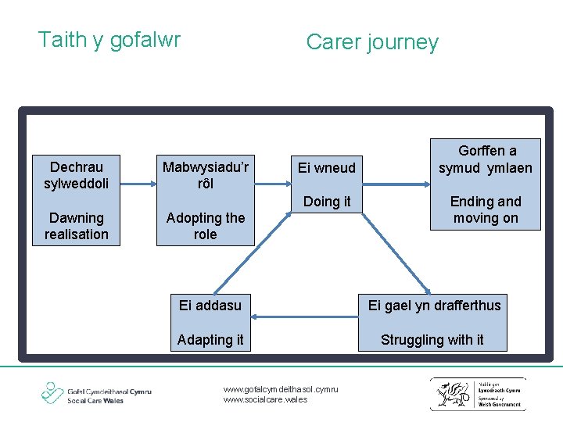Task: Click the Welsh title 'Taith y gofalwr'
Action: pos(109,40)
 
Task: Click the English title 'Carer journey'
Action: pos(372,42)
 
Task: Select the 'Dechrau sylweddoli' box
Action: pos(77,174)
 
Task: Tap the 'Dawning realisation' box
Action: pos(77,226)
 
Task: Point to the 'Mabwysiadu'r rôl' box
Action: pos(205,174)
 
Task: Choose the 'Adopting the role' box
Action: pos(205,226)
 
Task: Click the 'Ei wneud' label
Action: pos(327,168)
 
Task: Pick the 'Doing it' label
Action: pos(327,202)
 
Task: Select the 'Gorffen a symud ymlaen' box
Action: pos(486,159)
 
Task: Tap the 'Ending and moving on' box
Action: pos(486,209)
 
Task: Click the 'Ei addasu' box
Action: pos(210,305)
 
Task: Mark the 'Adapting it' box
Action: pos(210,339)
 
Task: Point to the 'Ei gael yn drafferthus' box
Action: pos(435,305)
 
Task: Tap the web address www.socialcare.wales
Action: pos(265,399)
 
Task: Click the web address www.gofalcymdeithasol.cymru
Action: pos(280,388)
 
